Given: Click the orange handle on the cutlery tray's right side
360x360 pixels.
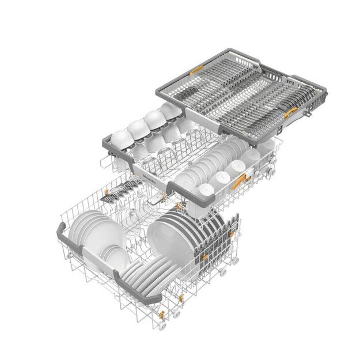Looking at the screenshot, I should tap(293, 111).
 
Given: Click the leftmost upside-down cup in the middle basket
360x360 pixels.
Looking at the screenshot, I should tap(121, 137).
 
